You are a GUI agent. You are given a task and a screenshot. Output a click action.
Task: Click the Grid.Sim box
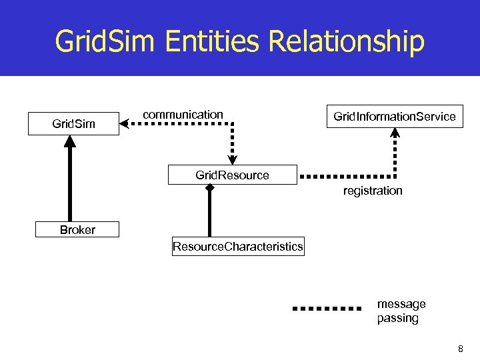pos(73,123)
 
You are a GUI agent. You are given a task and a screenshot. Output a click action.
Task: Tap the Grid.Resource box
pos(232,175)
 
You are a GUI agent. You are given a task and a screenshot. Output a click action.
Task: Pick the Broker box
pos(77,230)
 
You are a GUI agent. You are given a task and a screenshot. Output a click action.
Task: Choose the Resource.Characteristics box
pos(237,247)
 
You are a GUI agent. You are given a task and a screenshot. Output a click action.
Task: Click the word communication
pos(183,115)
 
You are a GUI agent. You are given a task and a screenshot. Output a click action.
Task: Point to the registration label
pos(373,191)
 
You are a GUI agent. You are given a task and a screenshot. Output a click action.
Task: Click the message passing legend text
pos(401,311)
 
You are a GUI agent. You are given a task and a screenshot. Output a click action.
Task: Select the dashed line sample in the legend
pos(327,309)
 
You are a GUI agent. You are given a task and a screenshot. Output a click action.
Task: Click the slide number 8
pos(460,349)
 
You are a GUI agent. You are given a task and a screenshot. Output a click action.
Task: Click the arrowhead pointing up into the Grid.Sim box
pos(70,141)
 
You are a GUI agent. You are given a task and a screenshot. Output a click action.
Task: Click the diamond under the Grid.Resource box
pos(209,189)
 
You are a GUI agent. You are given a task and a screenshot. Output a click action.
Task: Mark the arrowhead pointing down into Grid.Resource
pos(232,158)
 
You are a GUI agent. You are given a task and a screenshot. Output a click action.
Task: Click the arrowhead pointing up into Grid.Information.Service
pos(395,133)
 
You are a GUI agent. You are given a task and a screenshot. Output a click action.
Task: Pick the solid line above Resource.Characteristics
pos(209,213)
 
